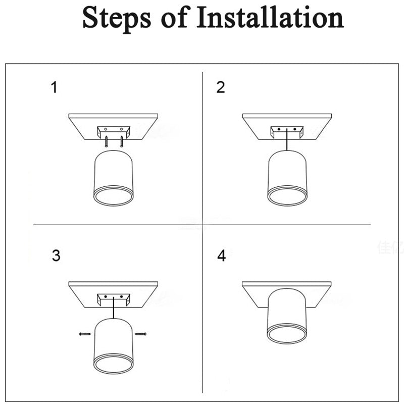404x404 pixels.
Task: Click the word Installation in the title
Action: point(270,18)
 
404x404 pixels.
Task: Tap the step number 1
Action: point(54,87)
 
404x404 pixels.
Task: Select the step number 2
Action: point(221,87)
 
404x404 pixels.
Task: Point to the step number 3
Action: point(56,256)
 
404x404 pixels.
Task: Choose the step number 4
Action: point(221,256)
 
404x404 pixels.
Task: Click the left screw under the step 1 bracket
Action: point(106,143)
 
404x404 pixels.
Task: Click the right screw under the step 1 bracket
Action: point(122,143)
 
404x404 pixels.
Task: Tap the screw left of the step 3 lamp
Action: point(84,333)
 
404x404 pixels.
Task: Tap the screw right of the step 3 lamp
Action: point(142,333)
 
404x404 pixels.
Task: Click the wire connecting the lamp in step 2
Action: point(287,141)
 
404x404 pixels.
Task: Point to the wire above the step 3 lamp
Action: point(114,309)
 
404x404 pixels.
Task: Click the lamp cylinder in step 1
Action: point(114,172)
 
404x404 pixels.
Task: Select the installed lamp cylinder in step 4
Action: point(287,313)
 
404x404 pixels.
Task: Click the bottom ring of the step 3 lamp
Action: point(114,364)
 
